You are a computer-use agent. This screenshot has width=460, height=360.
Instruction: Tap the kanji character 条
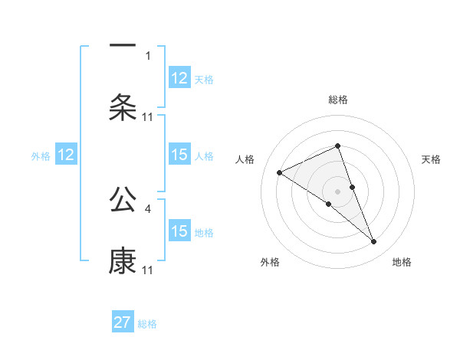(123, 107)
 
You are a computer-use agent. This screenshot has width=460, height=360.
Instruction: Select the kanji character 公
(123, 199)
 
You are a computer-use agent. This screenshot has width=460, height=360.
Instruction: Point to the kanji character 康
(123, 260)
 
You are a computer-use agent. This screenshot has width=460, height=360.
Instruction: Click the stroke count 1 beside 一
(149, 56)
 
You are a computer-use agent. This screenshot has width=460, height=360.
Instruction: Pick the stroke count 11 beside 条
(148, 117)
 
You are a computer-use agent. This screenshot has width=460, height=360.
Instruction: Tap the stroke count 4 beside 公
(149, 208)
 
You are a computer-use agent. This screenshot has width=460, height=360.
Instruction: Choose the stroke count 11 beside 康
(148, 270)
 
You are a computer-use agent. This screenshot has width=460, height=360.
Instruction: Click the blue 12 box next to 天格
(179, 78)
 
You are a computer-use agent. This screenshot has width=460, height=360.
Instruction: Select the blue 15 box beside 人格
(179, 155)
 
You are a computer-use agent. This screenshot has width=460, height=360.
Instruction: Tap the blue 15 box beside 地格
(179, 231)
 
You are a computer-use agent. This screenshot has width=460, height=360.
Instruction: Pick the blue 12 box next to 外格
(66, 155)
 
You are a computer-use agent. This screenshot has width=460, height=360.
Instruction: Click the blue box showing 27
(123, 322)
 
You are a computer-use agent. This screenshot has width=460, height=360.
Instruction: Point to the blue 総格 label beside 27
(148, 324)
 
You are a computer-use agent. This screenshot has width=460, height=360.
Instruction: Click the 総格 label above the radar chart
(337, 100)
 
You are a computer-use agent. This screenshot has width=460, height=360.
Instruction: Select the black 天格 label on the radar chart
(432, 159)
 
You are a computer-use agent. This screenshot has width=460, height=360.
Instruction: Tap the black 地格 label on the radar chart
(402, 263)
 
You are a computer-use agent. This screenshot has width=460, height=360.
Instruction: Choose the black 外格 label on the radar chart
(270, 263)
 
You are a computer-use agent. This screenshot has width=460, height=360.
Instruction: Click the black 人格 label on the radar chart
(245, 159)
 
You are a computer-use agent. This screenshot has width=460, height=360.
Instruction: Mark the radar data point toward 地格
(374, 242)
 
